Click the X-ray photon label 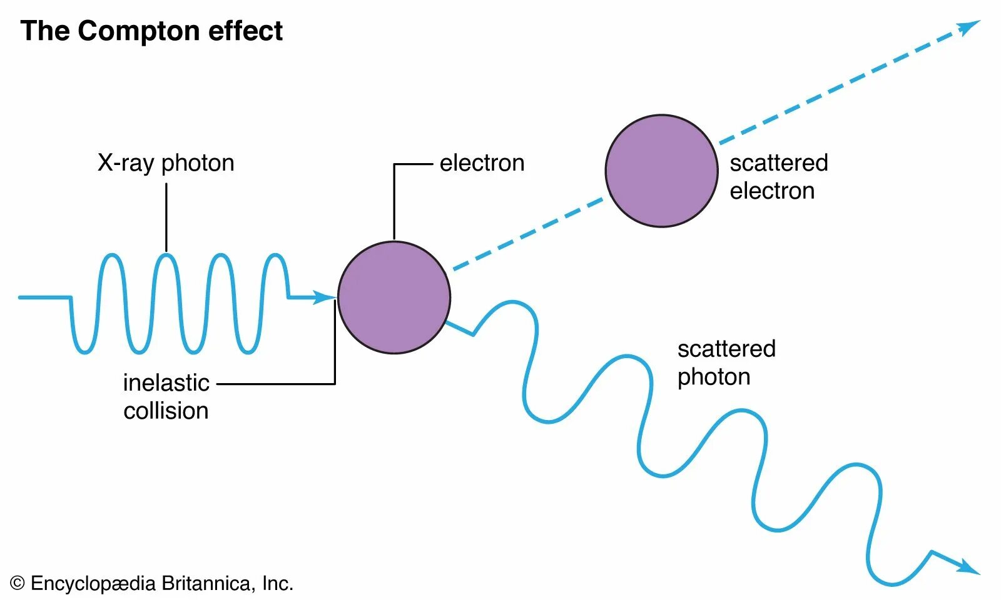(166, 163)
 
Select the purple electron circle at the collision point (394, 297)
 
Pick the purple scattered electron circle (661, 171)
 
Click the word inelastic (166, 383)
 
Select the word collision (166, 411)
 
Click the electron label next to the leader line (482, 163)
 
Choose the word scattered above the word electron (778, 163)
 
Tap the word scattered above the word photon (726, 349)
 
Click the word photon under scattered (714, 377)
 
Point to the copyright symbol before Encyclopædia (18, 584)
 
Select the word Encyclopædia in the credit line (93, 584)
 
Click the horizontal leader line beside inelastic (275, 384)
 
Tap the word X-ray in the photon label (126, 163)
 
